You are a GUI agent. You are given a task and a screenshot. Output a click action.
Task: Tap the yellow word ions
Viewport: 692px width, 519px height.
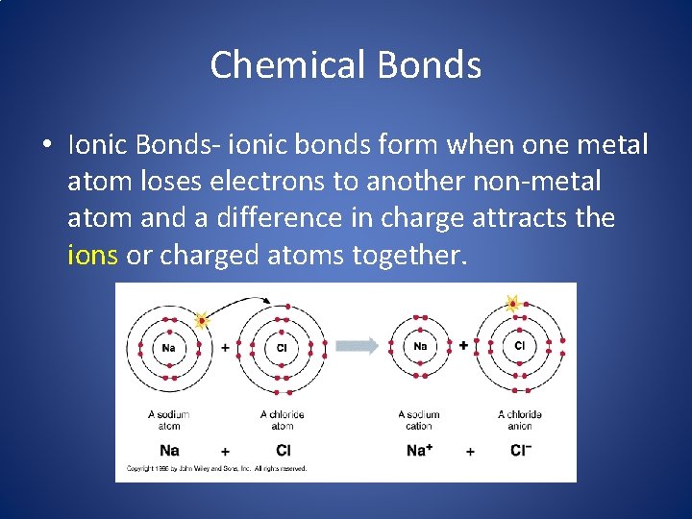coord(92,255)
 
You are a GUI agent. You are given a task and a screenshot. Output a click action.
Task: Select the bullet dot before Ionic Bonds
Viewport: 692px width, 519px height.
coord(46,145)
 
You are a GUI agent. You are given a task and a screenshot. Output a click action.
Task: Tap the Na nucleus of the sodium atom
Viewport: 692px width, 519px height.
coord(169,347)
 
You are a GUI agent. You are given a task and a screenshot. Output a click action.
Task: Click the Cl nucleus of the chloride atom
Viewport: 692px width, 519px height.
coord(283,347)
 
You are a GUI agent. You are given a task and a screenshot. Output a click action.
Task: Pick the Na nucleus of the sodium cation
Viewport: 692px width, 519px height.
coord(420,346)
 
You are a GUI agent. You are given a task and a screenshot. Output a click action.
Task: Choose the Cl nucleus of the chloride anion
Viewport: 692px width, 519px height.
coord(520,345)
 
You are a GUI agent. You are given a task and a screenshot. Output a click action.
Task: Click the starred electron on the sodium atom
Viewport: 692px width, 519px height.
coord(202,320)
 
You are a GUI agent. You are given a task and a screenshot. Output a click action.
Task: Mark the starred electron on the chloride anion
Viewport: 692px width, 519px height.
coord(513,304)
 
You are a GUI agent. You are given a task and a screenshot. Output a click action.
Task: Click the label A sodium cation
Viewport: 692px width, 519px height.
coord(419,420)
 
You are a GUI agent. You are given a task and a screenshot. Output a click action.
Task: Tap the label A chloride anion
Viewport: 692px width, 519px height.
coord(520,420)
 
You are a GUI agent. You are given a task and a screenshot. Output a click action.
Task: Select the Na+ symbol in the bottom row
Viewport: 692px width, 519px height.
coord(419,450)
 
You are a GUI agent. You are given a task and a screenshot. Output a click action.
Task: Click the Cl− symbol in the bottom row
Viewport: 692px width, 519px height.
coord(520,450)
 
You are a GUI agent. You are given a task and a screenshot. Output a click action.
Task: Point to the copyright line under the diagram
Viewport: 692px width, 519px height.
coord(217,469)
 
